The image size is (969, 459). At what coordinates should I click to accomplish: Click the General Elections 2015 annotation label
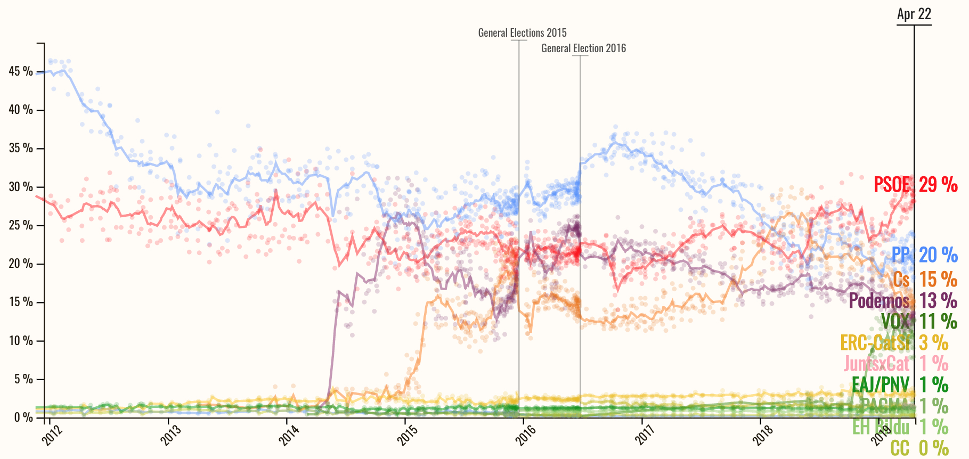click(522, 33)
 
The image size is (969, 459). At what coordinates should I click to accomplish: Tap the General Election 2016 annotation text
click(583, 48)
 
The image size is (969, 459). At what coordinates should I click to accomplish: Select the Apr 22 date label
click(914, 14)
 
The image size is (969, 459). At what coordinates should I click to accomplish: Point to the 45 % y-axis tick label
click(21, 71)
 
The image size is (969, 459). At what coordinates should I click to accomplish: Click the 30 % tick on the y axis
click(21, 187)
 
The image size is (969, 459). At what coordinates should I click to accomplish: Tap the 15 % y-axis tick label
click(21, 302)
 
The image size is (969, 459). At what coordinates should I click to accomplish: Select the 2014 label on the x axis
click(288, 433)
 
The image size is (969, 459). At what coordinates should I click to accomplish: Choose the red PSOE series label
click(892, 185)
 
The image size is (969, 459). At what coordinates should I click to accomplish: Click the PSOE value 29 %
click(938, 185)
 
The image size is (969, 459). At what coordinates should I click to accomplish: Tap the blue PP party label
click(901, 255)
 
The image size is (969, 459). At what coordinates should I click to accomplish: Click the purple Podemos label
click(879, 301)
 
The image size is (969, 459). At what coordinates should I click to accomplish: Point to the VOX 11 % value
click(938, 322)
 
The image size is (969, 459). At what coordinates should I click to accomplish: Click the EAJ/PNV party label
click(880, 384)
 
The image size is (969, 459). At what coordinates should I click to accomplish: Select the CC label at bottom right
click(900, 448)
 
